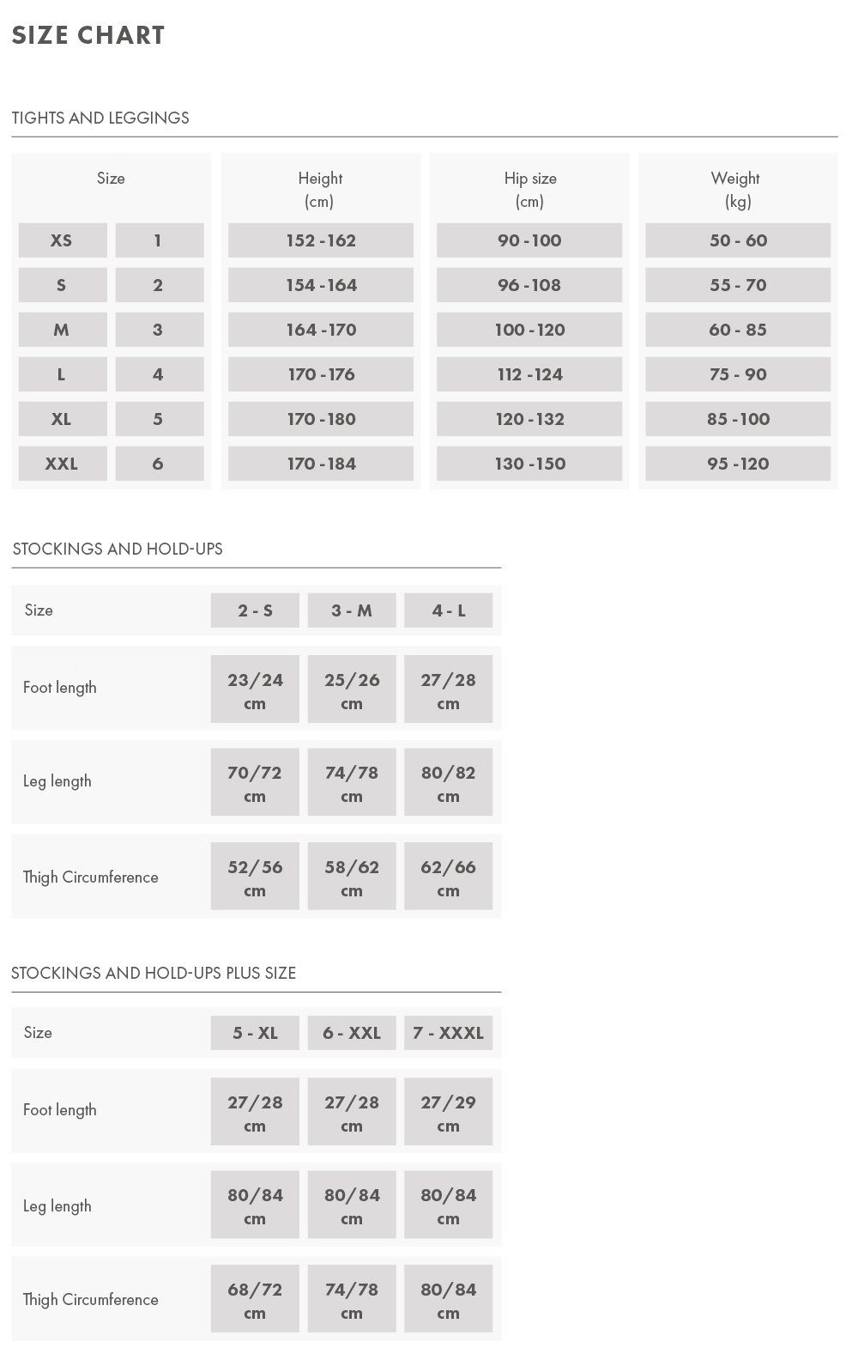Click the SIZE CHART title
pyautogui.click(x=88, y=35)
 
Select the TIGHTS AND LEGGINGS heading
pyautogui.click(x=100, y=118)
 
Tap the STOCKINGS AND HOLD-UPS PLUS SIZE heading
pyautogui.click(x=154, y=973)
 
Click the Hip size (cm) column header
pyautogui.click(x=529, y=189)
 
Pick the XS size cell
pyautogui.click(x=62, y=240)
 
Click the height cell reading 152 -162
pyautogui.click(x=321, y=240)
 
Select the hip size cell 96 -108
pyautogui.click(x=529, y=285)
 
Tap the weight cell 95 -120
pyautogui.click(x=738, y=464)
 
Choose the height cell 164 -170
pyautogui.click(x=321, y=330)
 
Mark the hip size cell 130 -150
pyautogui.click(x=529, y=464)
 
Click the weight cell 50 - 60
pyautogui.click(x=738, y=240)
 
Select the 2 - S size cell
pyautogui.click(x=255, y=610)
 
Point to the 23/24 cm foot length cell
pyautogui.click(x=255, y=690)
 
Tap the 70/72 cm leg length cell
pyautogui.click(x=255, y=783)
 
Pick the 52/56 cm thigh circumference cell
pyautogui.click(x=255, y=877)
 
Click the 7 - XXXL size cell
pyautogui.click(x=448, y=1033)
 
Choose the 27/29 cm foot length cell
pyautogui.click(x=448, y=1113)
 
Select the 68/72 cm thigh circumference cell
pyautogui.click(x=255, y=1300)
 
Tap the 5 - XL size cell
pyautogui.click(x=255, y=1033)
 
